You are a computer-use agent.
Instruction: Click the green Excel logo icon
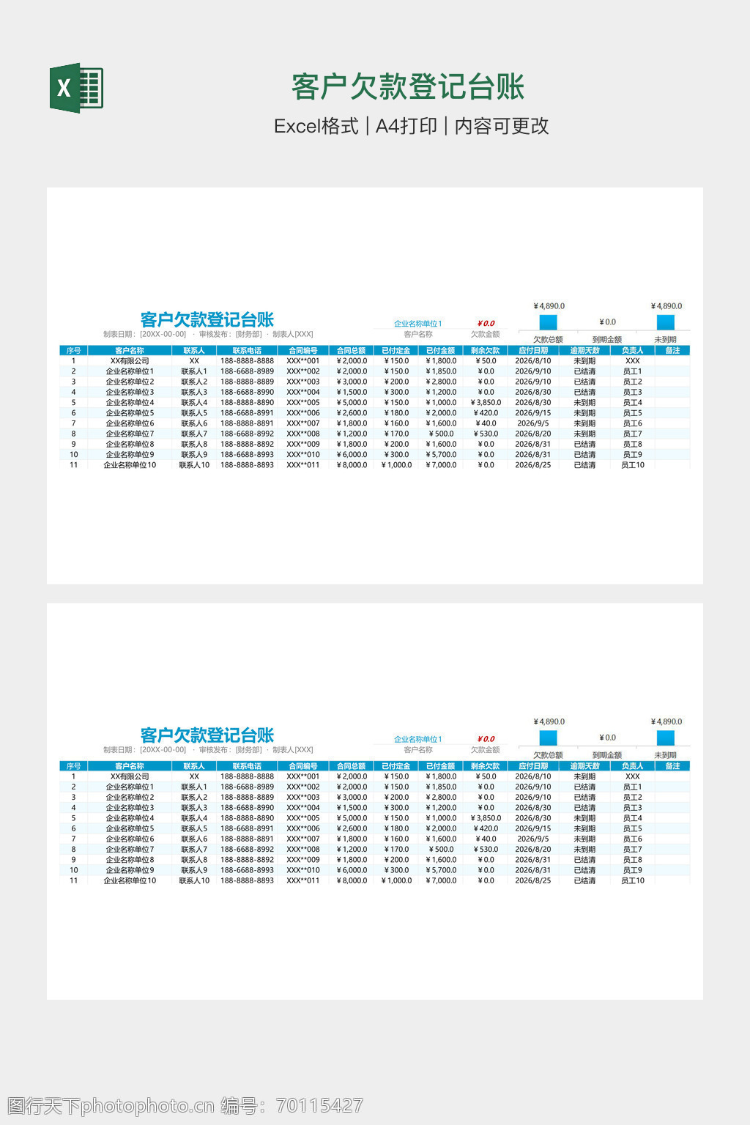click(x=76, y=88)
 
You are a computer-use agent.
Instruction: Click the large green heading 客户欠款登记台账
click(x=408, y=87)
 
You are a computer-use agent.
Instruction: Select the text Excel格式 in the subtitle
click(x=316, y=126)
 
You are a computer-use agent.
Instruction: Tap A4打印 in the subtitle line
click(x=406, y=126)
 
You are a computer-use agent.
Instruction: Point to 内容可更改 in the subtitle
click(x=502, y=126)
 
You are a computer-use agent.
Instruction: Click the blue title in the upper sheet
click(x=207, y=319)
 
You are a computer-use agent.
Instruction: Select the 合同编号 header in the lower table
click(x=303, y=766)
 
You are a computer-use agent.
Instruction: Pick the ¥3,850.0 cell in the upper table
click(x=486, y=402)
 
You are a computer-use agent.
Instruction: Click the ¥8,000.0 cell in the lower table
click(x=352, y=880)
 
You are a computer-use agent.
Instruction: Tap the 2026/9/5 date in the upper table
click(x=532, y=423)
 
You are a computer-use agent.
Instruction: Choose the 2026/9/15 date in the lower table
click(x=532, y=828)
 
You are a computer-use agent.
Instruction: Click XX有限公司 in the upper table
click(x=130, y=360)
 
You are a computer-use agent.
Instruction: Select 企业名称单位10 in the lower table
click(x=130, y=880)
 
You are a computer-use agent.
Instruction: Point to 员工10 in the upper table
click(x=633, y=465)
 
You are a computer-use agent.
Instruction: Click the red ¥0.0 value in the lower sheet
click(x=486, y=739)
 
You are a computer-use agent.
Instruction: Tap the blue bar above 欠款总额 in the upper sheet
click(x=548, y=322)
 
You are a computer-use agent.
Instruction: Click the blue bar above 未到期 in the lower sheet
click(x=665, y=738)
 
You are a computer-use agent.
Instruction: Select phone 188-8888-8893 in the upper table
click(x=247, y=465)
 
